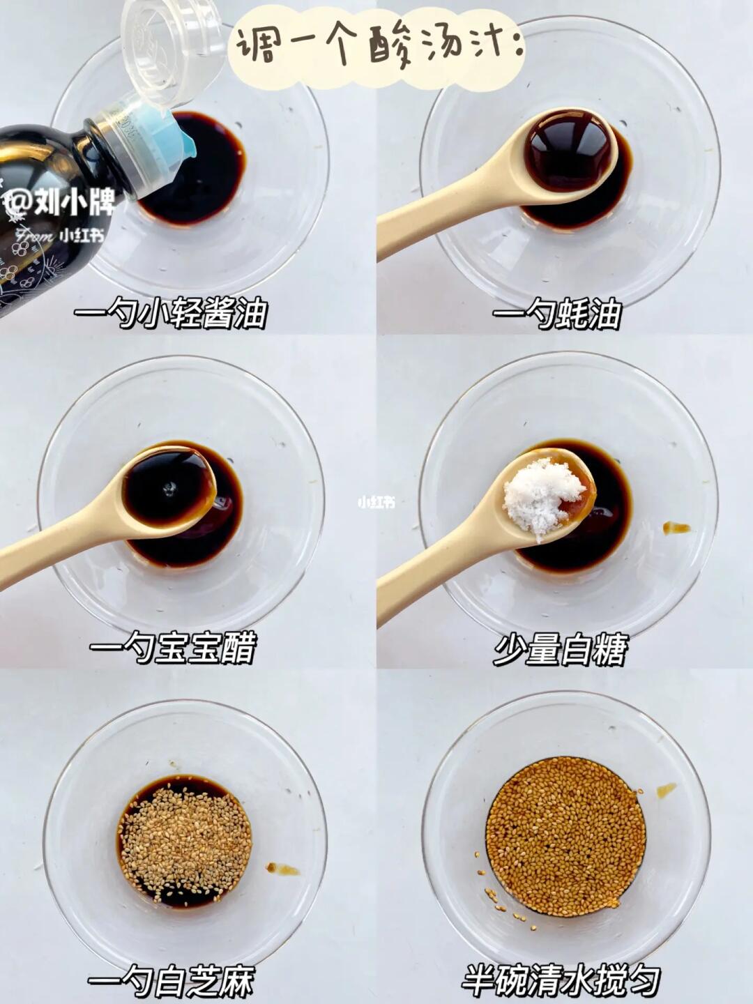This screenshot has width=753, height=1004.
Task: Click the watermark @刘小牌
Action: [59, 204]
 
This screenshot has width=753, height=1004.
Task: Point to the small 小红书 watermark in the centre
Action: [376, 503]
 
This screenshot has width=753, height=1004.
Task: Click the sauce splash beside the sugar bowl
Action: [676, 528]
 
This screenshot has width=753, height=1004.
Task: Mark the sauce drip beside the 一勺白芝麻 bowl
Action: [282, 868]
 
